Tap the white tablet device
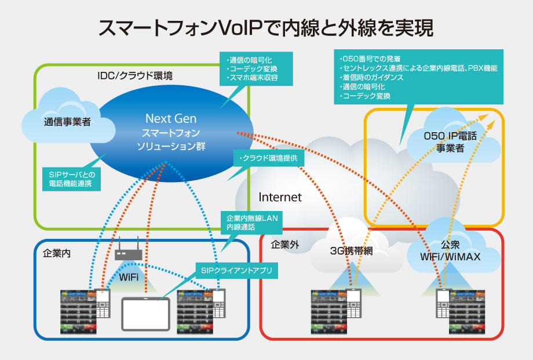tap(146, 314)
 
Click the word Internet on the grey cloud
tap(280, 197)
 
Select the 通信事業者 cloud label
tap(67, 122)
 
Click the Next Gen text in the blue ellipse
tap(171, 118)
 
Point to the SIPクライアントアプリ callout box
tap(236, 271)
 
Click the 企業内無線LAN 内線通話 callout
tap(252, 223)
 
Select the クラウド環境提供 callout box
tap(269, 158)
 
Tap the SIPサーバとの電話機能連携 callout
tap(71, 179)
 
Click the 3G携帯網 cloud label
tap(352, 251)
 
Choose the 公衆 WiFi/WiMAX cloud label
tap(450, 251)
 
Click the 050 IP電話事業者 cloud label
tap(450, 142)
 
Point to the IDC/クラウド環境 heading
tap(135, 75)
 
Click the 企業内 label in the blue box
tap(57, 253)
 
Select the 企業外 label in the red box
tap(285, 245)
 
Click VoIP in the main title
tap(239, 28)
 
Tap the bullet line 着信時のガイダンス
tap(372, 78)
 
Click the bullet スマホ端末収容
tap(253, 78)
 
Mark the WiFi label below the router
tap(129, 277)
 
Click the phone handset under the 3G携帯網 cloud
tap(353, 303)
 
